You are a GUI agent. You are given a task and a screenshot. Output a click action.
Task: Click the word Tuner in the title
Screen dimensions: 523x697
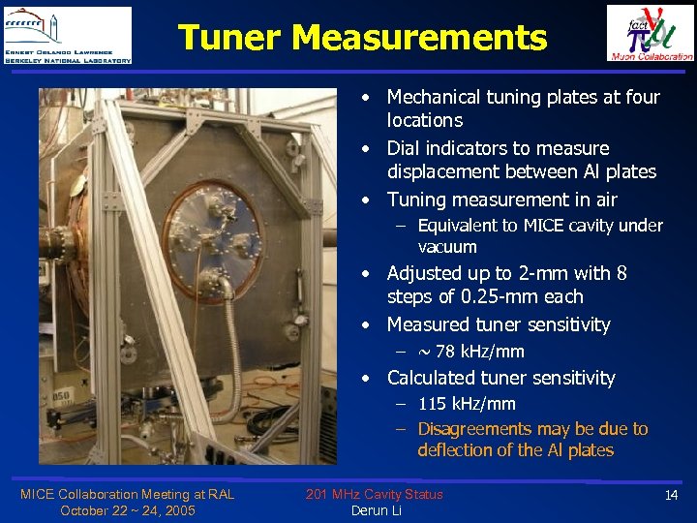229,38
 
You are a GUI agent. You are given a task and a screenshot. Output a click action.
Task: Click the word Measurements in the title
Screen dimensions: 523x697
418,38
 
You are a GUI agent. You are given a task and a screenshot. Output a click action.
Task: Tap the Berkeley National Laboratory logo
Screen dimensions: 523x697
67,35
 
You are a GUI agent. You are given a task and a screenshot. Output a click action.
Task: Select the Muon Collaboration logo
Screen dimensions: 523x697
650,33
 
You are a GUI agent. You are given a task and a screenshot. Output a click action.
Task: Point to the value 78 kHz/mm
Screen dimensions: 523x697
479,352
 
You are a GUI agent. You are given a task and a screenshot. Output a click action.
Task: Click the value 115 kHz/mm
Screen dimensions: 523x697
467,404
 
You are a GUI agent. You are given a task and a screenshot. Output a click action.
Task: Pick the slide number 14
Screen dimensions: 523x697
672,495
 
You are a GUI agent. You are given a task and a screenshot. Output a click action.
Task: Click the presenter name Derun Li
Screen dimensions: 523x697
376,510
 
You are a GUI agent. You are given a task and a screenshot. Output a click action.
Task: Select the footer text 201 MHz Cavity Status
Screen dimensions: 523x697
374,494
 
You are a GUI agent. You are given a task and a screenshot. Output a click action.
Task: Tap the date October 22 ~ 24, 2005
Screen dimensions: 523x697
127,510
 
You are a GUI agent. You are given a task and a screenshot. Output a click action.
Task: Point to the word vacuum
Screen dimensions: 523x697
447,247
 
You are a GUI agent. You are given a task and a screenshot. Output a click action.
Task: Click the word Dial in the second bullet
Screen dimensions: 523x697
404,149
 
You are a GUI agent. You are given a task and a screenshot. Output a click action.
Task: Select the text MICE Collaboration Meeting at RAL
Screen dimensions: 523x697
127,494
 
